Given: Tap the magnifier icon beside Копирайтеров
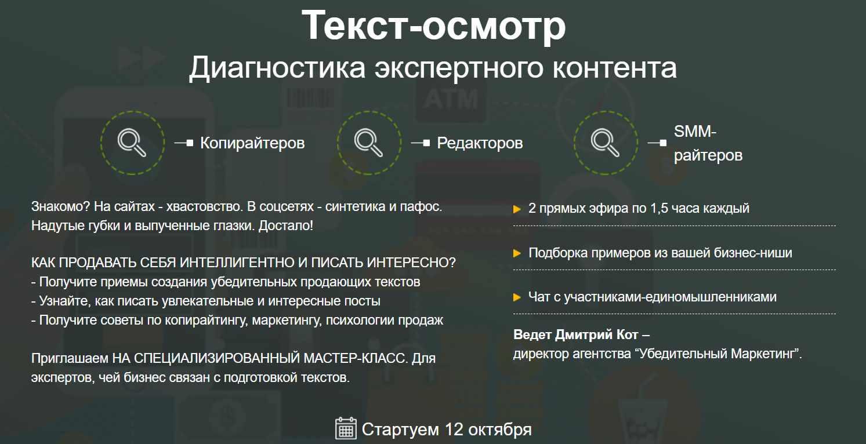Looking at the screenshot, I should pyautogui.click(x=132, y=143).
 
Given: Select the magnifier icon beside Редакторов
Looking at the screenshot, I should pyautogui.click(x=369, y=143).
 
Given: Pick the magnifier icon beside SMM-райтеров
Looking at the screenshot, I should pyautogui.click(x=606, y=143).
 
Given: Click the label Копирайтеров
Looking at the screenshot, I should pyautogui.click(x=252, y=143).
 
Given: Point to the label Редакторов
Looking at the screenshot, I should pyautogui.click(x=480, y=143).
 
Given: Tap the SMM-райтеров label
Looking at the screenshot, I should pyautogui.click(x=708, y=144).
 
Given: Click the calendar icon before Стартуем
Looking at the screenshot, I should pyautogui.click(x=346, y=428).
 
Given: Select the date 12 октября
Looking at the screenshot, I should pyautogui.click(x=488, y=430).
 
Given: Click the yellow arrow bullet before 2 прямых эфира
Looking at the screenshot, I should pyautogui.click(x=517, y=209).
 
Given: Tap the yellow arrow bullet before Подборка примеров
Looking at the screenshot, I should pyautogui.click(x=517, y=253).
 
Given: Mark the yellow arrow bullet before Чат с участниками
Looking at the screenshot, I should pyautogui.click(x=517, y=298).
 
